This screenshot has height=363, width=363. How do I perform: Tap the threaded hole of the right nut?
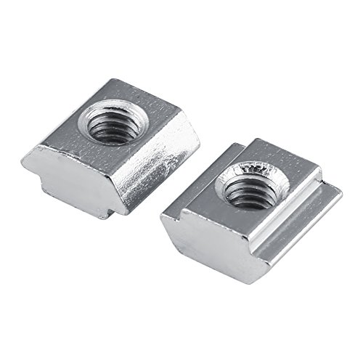coord(253,188)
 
